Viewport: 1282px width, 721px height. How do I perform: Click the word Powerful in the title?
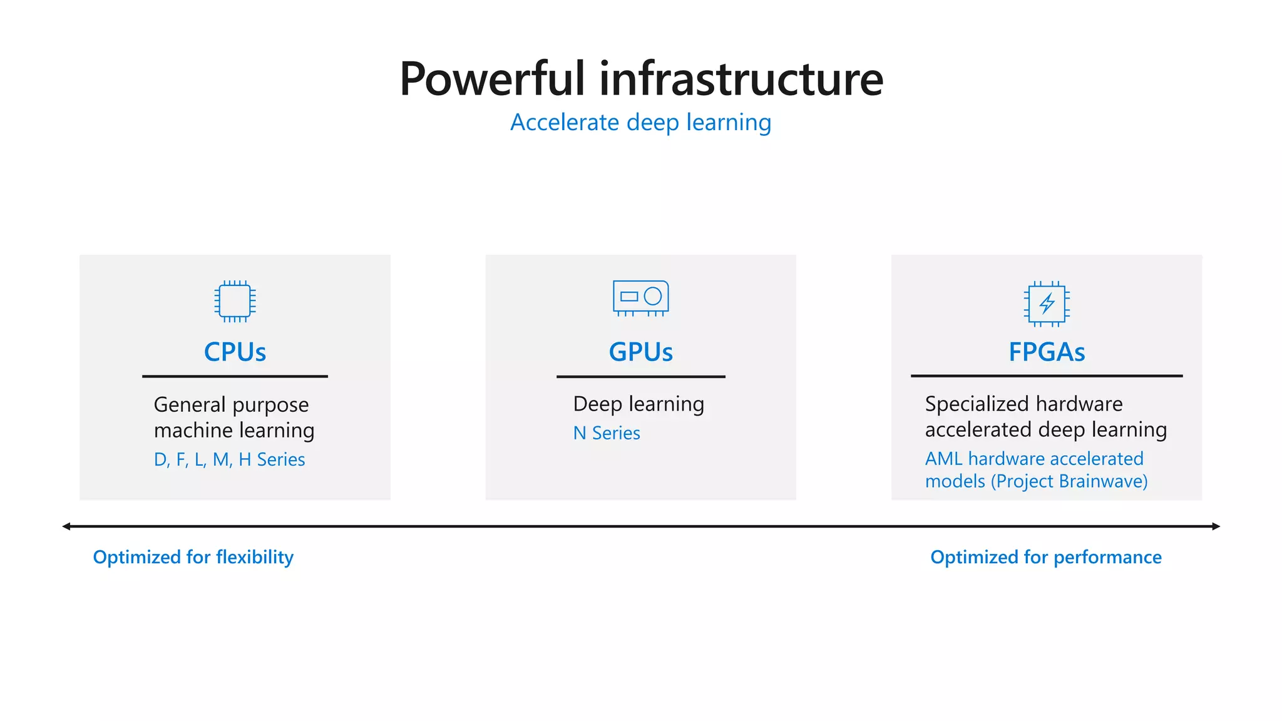(x=492, y=79)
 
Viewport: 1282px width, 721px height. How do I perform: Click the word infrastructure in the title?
(x=741, y=79)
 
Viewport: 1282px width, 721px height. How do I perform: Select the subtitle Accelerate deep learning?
(x=640, y=122)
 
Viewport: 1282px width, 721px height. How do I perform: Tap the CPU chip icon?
(x=235, y=301)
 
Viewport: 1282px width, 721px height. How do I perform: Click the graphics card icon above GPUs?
(x=640, y=297)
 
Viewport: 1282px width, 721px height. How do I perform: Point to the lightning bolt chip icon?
(x=1047, y=304)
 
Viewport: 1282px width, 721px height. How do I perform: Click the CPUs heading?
(x=235, y=352)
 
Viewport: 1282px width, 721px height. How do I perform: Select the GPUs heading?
(x=640, y=352)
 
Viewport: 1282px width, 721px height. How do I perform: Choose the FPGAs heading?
(x=1047, y=352)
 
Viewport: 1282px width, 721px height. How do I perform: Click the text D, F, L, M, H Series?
(x=229, y=459)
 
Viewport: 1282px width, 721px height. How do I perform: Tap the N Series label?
(x=607, y=433)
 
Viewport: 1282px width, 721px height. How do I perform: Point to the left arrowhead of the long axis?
(x=66, y=526)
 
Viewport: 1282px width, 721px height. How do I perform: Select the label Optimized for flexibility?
(x=193, y=557)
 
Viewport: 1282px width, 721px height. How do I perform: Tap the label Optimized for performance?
(x=1045, y=557)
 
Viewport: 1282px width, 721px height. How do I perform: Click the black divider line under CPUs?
(x=235, y=376)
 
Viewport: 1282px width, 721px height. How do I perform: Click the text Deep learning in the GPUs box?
(x=638, y=404)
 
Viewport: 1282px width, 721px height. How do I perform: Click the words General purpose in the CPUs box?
(x=231, y=405)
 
